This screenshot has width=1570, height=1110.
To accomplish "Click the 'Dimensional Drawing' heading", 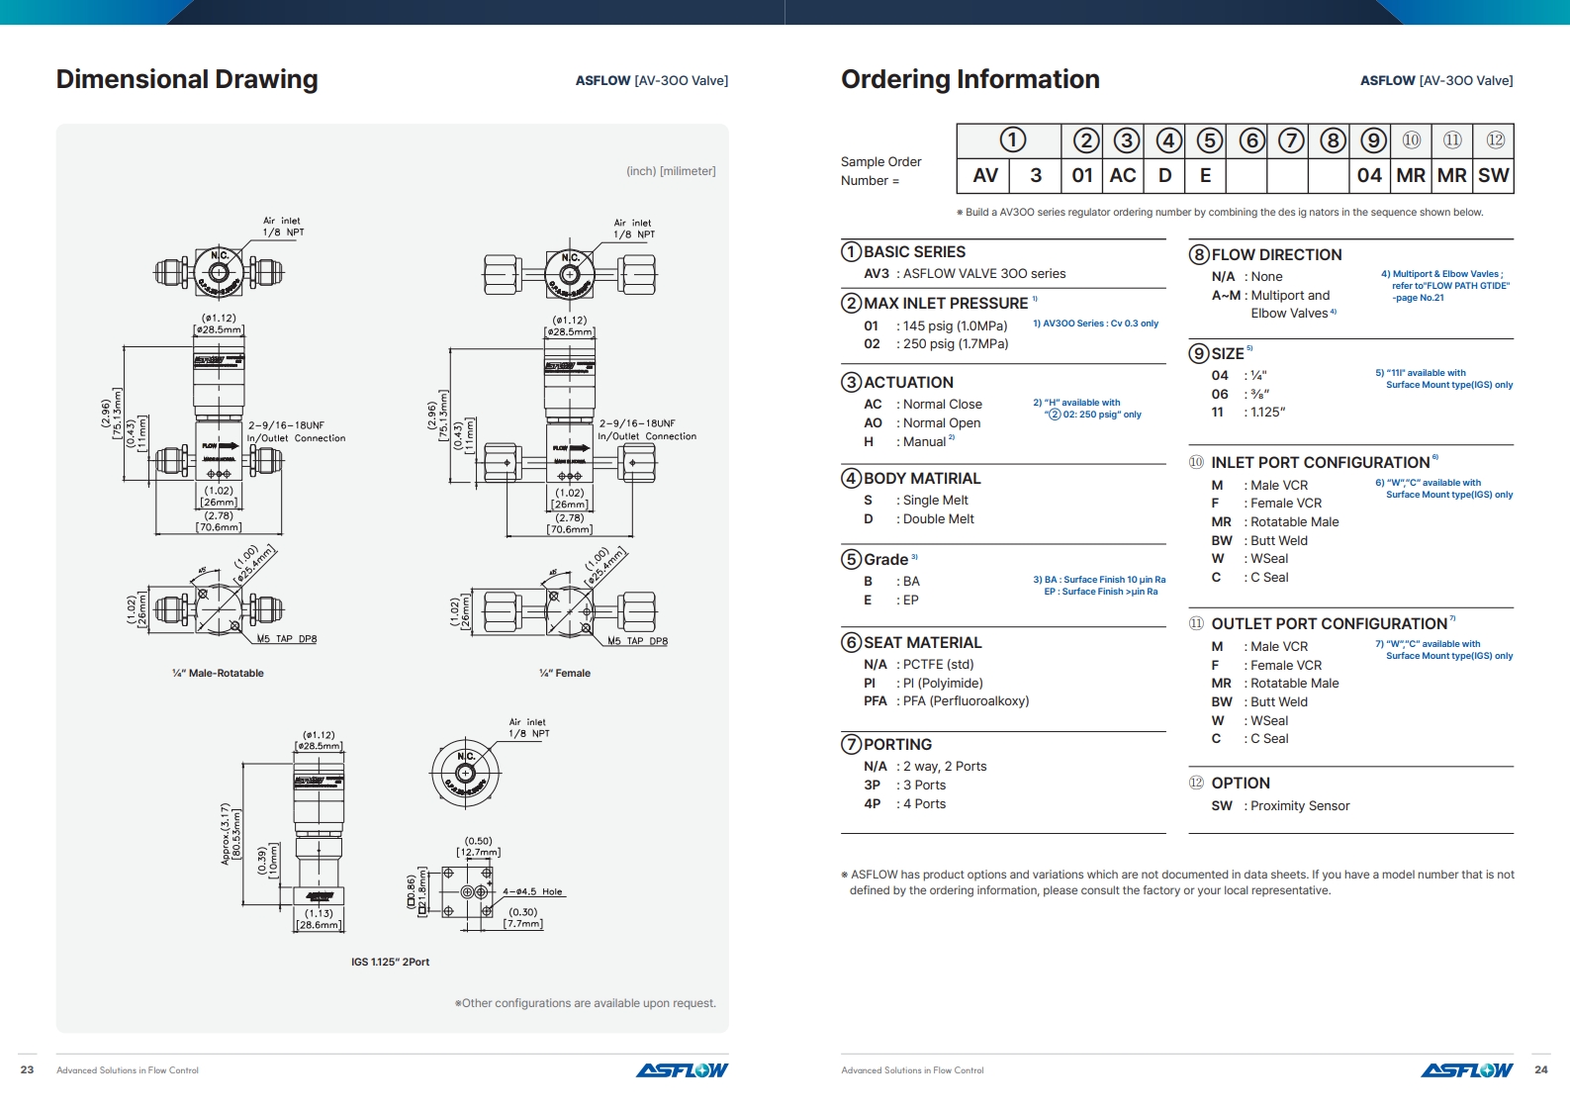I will (187, 79).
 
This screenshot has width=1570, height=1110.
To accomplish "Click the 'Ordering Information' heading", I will (970, 79).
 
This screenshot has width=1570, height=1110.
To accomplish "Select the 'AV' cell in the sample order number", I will (984, 175).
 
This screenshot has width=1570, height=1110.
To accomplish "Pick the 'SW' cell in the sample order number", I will (1493, 175).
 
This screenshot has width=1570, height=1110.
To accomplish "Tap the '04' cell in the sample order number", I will (1369, 175).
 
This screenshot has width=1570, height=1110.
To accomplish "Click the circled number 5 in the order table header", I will (1209, 140).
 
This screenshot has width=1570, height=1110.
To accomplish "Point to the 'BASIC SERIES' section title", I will (914, 252).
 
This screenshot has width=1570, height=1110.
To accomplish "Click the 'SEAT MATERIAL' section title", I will (922, 643).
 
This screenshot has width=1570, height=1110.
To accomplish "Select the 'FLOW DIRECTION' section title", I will (1276, 255).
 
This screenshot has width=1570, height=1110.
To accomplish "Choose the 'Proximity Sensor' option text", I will (1299, 806).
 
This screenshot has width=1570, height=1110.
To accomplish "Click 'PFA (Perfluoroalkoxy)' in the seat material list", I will (966, 701).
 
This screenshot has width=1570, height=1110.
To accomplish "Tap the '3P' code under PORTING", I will (872, 786).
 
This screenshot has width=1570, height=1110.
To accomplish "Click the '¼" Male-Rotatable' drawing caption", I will (218, 674).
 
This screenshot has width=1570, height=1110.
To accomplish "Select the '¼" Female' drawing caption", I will (565, 674).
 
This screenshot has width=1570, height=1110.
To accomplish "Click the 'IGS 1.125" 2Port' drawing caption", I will (390, 963).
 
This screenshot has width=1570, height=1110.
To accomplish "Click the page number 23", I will (27, 1069).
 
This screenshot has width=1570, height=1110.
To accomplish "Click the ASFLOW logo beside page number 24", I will (1466, 1070).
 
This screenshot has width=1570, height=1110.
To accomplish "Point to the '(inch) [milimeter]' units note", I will (671, 171).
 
